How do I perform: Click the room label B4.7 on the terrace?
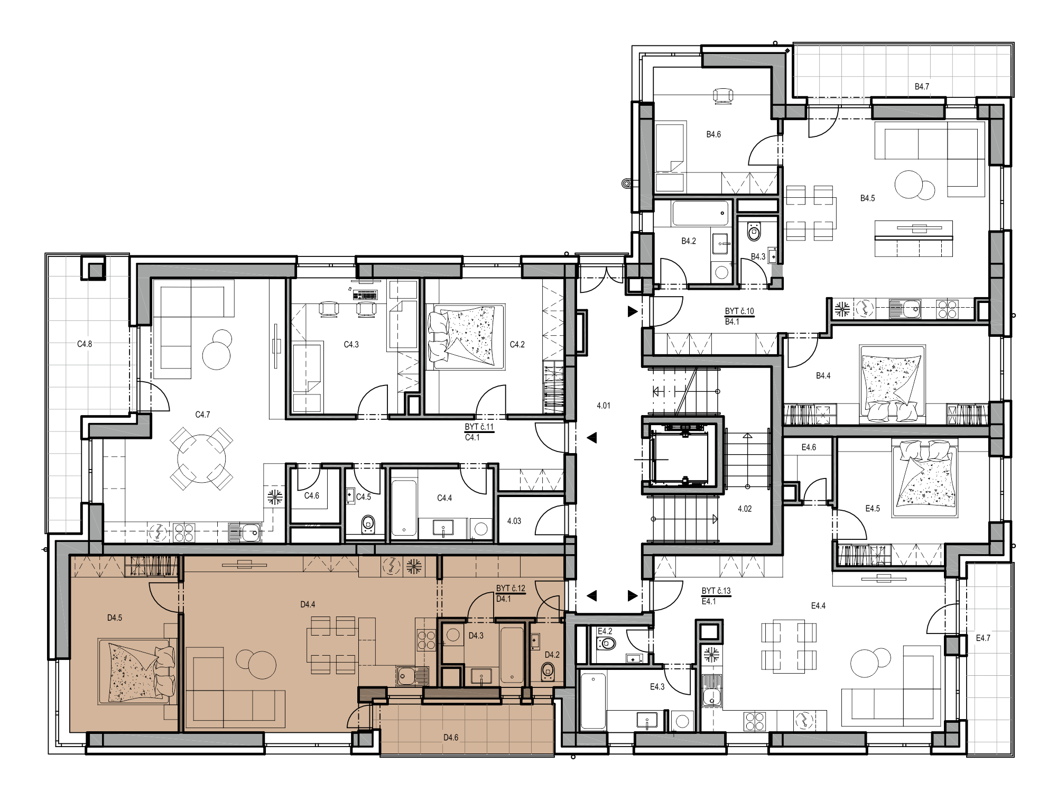click(x=922, y=87)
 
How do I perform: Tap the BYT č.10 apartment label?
click(x=739, y=311)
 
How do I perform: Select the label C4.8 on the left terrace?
click(x=85, y=344)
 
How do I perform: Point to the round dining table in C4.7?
click(x=201, y=458)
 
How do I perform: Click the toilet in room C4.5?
click(x=368, y=525)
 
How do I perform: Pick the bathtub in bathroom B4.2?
click(x=700, y=214)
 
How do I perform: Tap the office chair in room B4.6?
click(x=723, y=97)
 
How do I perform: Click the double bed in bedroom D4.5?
click(x=137, y=672)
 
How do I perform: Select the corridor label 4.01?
click(x=604, y=406)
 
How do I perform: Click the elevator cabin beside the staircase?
click(x=681, y=458)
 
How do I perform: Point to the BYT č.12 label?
click(x=511, y=588)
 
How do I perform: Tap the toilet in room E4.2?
click(x=607, y=644)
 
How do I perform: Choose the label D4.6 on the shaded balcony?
click(x=451, y=738)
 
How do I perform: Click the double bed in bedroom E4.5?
click(x=925, y=479)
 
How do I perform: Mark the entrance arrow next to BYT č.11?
click(x=592, y=438)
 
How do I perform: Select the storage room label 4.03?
click(x=514, y=521)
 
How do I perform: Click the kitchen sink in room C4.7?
click(x=245, y=532)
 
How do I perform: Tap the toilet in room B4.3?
click(x=754, y=232)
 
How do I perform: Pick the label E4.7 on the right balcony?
click(x=983, y=638)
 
